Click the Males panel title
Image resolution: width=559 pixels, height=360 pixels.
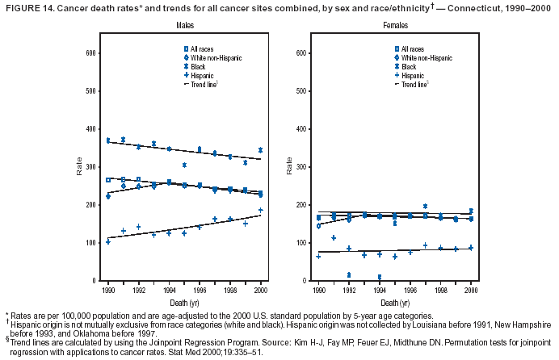tap(185, 27)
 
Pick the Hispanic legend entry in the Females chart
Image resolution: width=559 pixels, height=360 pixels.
tap(413, 75)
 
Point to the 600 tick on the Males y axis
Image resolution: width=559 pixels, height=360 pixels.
tap(91, 53)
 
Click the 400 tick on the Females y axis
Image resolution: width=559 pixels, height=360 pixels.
tap(301, 129)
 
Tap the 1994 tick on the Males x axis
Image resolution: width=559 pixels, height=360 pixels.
tap(170, 288)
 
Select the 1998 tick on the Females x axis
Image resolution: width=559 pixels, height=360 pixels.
tap(441, 288)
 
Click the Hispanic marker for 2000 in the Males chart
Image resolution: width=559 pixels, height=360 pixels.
tap(261, 210)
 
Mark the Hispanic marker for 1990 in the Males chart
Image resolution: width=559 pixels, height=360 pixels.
tap(108, 241)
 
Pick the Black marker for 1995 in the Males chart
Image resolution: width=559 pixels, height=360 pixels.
tap(185, 165)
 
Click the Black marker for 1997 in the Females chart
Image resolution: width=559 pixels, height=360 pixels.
tap(426, 207)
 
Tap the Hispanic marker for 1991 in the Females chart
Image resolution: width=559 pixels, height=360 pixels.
tap(334, 237)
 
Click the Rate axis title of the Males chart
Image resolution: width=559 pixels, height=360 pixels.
tap(79, 166)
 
